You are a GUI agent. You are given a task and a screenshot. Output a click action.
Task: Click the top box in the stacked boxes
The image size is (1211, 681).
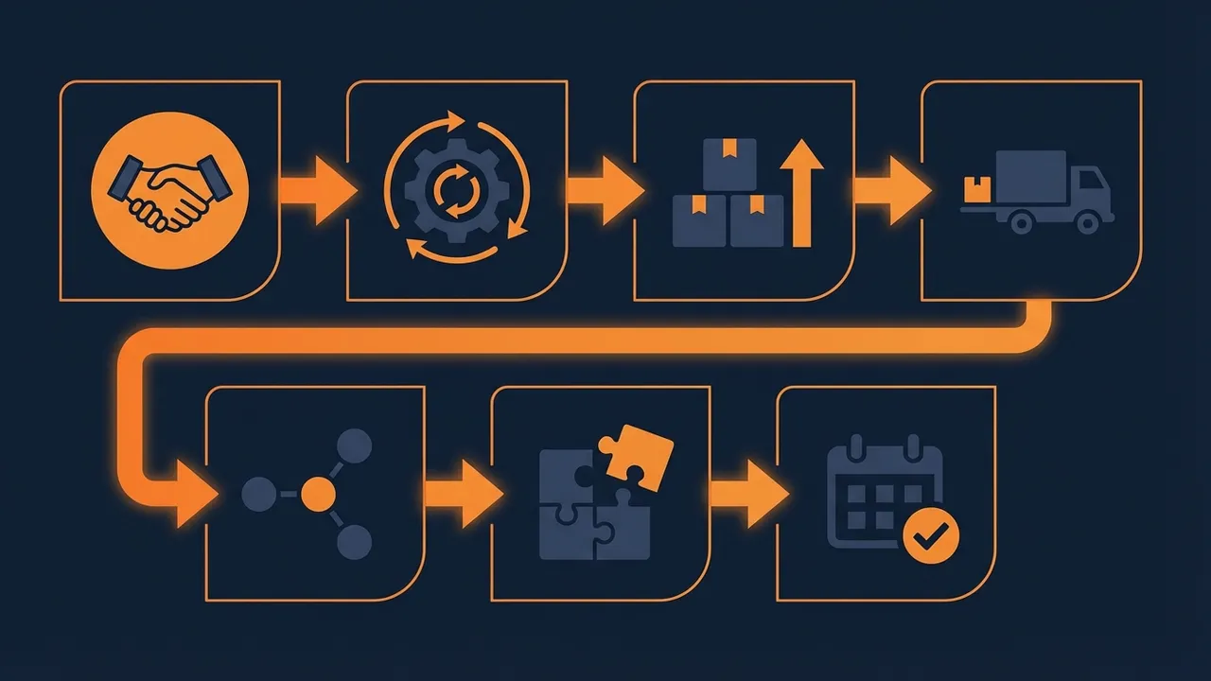[728, 163]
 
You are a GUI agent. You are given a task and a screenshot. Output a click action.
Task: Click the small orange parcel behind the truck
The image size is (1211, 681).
[975, 190]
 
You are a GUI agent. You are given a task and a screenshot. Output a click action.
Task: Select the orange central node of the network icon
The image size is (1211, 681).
[319, 493]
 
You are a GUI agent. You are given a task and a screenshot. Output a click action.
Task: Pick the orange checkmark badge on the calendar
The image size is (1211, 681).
[931, 536]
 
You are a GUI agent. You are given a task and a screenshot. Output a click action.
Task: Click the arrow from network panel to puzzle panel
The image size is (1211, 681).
[464, 493]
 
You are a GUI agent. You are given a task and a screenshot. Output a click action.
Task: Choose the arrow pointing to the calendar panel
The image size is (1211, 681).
[749, 493]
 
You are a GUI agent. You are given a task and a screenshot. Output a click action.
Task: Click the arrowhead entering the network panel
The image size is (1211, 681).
[193, 494]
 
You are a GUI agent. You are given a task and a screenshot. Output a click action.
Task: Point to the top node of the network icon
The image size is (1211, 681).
[355, 445]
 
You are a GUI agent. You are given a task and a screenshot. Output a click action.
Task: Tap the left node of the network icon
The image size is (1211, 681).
[257, 493]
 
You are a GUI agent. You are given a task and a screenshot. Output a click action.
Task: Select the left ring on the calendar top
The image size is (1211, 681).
[856, 445]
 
